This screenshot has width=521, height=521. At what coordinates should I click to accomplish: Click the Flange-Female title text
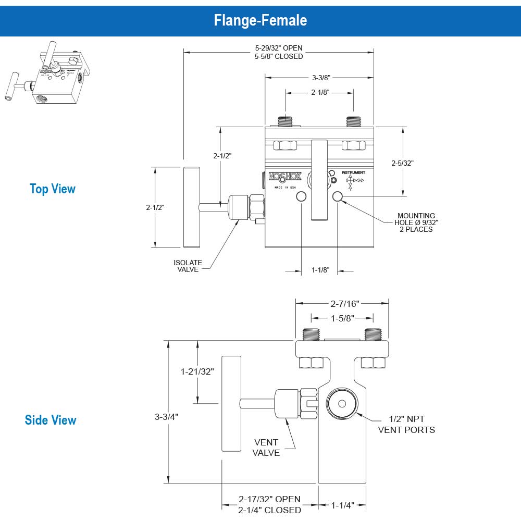(x=260, y=20)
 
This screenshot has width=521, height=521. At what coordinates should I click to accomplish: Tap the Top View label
(x=53, y=189)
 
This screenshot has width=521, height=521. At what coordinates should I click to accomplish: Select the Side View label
(x=51, y=420)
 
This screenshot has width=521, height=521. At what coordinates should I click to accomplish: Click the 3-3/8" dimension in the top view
(x=320, y=78)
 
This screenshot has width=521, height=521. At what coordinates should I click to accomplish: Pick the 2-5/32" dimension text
(x=402, y=163)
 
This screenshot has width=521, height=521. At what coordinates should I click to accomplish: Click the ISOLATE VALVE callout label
(x=188, y=266)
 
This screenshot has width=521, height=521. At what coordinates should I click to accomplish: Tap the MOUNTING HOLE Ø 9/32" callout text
(x=416, y=222)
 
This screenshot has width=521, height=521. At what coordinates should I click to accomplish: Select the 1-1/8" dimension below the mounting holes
(x=320, y=270)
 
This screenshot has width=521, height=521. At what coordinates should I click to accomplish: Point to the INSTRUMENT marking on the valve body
(x=353, y=172)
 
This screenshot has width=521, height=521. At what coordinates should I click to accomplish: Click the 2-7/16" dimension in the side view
(x=342, y=303)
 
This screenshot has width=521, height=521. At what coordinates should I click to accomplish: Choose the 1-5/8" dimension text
(x=342, y=317)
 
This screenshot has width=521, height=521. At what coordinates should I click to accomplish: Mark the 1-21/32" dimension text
(x=197, y=371)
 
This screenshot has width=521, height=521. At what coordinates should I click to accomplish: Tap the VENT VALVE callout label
(x=266, y=448)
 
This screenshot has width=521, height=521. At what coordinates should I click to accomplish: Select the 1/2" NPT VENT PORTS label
(x=406, y=425)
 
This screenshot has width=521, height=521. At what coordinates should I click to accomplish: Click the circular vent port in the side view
(x=342, y=404)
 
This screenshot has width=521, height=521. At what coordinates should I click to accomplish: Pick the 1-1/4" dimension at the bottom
(x=343, y=505)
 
